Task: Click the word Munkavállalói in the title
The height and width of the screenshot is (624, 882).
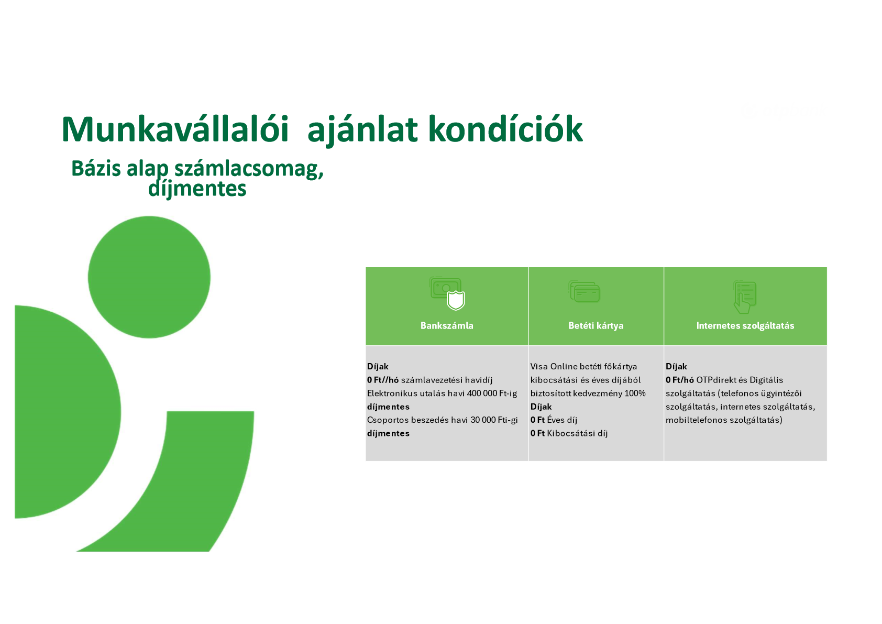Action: pyautogui.click(x=175, y=129)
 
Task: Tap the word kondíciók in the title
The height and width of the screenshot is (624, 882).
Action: pyautogui.click(x=505, y=129)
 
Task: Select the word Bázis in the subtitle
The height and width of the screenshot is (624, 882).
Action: pyautogui.click(x=96, y=168)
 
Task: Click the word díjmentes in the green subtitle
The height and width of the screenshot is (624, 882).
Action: pyautogui.click(x=197, y=189)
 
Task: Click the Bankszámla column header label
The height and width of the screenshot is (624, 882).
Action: pyautogui.click(x=447, y=326)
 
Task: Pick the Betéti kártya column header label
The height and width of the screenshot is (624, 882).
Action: pyautogui.click(x=596, y=326)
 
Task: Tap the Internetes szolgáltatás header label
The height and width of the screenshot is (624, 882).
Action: pyautogui.click(x=745, y=326)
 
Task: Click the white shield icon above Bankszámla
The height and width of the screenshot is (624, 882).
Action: pyautogui.click(x=456, y=300)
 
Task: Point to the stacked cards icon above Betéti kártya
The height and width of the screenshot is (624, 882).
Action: pyautogui.click(x=585, y=291)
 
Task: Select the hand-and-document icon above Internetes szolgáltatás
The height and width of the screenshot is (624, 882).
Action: pyautogui.click(x=745, y=297)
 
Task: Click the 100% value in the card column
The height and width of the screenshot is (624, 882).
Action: pyautogui.click(x=635, y=393)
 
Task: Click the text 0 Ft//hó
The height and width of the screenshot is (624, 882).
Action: pyautogui.click(x=383, y=380)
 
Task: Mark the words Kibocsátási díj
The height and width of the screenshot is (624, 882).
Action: pyautogui.click(x=577, y=433)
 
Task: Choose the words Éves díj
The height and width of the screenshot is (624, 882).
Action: pyautogui.click(x=562, y=420)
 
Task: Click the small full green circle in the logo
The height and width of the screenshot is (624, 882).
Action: pyautogui.click(x=149, y=277)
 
